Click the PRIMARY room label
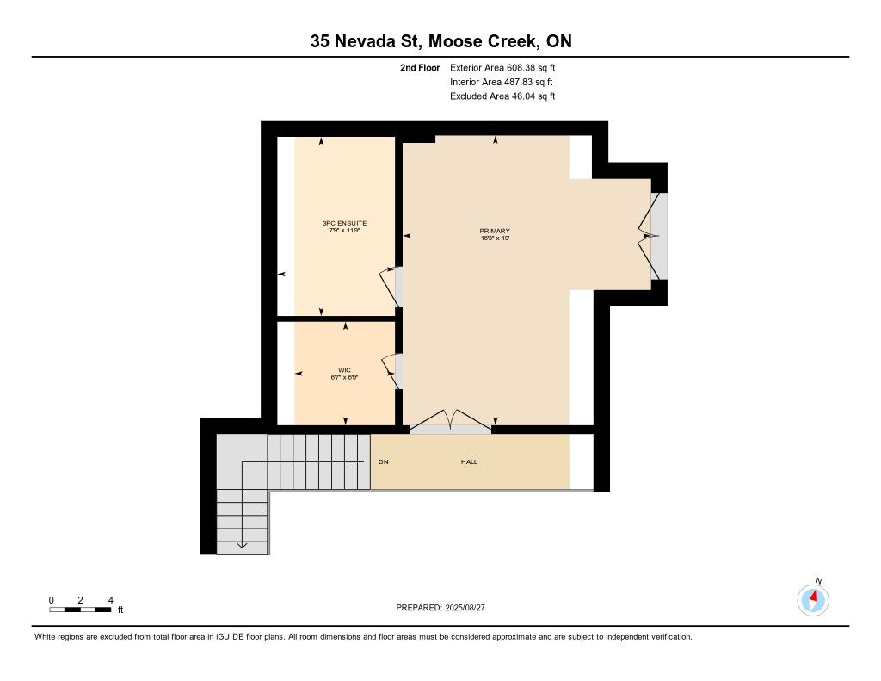495,231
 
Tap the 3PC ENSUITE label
344,223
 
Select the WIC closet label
344,370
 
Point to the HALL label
469,461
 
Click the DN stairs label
383,461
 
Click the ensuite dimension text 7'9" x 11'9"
344,231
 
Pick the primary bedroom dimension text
495,238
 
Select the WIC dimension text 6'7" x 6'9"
344,377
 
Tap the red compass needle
814,595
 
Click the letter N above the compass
819,581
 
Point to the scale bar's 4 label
111,600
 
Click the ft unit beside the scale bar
120,610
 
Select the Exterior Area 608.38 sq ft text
502,67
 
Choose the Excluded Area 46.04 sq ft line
502,96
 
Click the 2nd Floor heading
420,67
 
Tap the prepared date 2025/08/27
465,607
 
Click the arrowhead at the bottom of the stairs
242,545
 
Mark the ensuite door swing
389,288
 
